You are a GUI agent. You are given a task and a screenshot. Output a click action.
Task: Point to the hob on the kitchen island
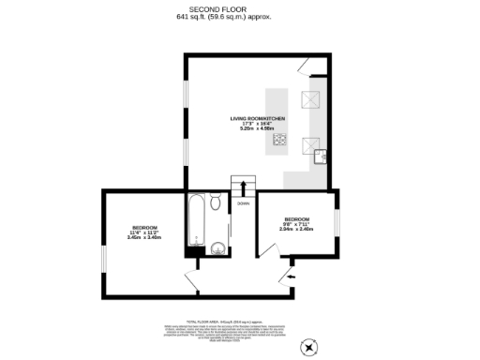click(x=279, y=141)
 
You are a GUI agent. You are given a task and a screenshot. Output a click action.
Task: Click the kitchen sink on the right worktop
click(x=319, y=156)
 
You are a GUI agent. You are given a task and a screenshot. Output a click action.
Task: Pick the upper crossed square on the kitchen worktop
click(x=307, y=101)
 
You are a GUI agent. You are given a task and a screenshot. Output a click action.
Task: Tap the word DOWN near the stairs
click(x=243, y=203)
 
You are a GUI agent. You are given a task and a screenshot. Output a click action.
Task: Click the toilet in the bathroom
click(x=216, y=201)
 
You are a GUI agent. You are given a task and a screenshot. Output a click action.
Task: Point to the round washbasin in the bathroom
click(x=217, y=248)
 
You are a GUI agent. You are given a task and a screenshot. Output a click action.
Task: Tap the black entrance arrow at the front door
click(x=292, y=277)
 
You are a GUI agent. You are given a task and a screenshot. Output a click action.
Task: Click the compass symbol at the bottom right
click(x=308, y=346)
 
